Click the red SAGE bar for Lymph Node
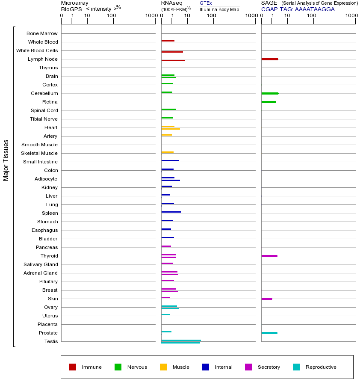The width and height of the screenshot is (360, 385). pyautogui.click(x=270, y=59)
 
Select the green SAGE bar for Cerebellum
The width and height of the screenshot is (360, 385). pyautogui.click(x=270, y=93)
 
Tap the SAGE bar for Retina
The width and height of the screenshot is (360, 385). pyautogui.click(x=269, y=102)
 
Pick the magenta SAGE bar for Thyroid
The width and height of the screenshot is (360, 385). pyautogui.click(x=269, y=256)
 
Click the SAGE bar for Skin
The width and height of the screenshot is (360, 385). pyautogui.click(x=267, y=299)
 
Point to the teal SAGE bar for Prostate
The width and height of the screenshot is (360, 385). pyautogui.click(x=269, y=333)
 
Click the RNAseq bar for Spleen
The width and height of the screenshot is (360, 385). pyautogui.click(x=171, y=212)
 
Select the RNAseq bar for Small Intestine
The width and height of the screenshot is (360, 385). pyautogui.click(x=170, y=160)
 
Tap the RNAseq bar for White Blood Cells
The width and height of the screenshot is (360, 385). pyautogui.click(x=172, y=52)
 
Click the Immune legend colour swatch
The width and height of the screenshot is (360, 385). pyautogui.click(x=73, y=367)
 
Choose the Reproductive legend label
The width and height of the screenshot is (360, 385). pyautogui.click(x=321, y=367)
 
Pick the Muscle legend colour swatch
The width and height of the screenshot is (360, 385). pyautogui.click(x=163, y=367)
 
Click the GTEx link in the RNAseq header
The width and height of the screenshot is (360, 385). pyautogui.click(x=206, y=3)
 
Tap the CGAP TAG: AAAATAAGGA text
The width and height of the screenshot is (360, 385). pyautogui.click(x=298, y=9)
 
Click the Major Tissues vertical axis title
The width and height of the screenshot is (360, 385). pyautogui.click(x=6, y=160)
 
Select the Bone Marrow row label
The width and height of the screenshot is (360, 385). pyautogui.click(x=42, y=33)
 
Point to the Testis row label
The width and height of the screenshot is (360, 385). pyautogui.click(x=51, y=341)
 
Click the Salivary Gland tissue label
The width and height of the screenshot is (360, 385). pyautogui.click(x=41, y=264)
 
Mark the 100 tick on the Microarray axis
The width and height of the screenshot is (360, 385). pyautogui.click(x=111, y=16)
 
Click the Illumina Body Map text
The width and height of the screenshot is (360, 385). pyautogui.click(x=219, y=9)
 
